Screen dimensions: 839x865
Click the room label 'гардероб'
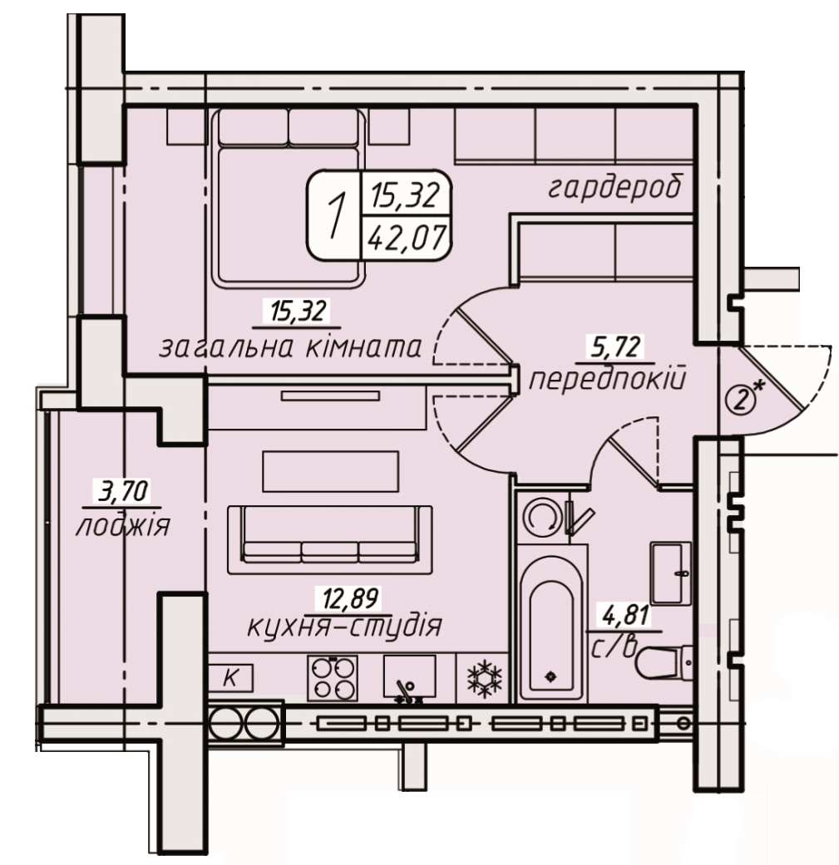click(614, 188)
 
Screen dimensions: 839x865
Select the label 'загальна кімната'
click(291, 347)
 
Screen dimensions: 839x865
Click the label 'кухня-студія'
click(344, 627)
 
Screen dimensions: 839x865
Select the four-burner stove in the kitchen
click(332, 678)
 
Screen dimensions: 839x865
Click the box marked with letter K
click(231, 677)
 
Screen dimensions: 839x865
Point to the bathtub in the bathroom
click(552, 622)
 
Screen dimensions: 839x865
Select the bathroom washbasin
click(671, 573)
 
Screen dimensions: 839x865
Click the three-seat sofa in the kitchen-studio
click(330, 540)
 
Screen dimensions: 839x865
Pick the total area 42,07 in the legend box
click(407, 238)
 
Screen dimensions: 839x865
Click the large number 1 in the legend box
click(333, 216)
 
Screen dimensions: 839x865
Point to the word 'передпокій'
click(608, 380)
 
